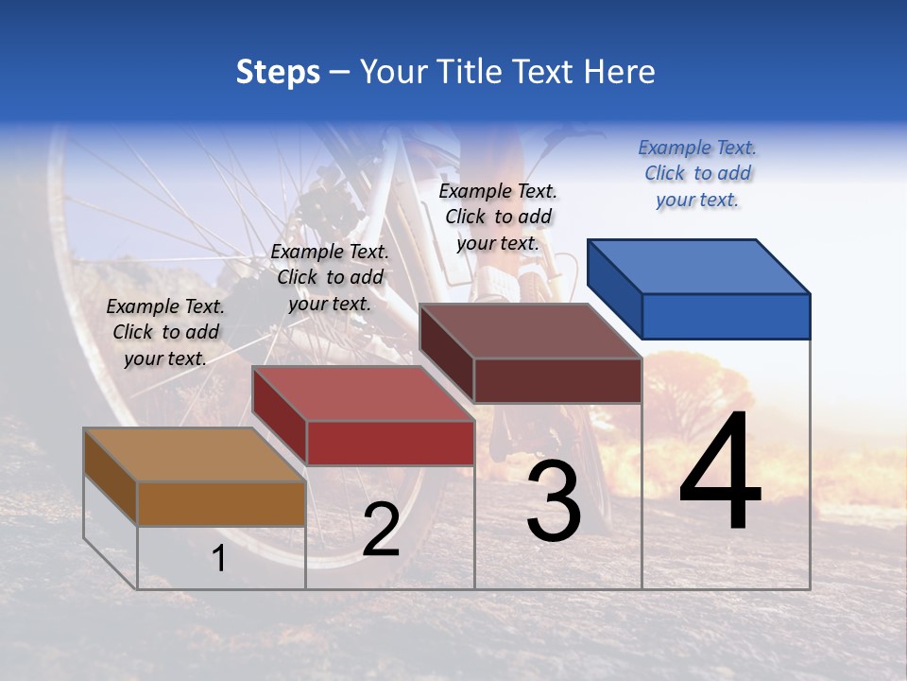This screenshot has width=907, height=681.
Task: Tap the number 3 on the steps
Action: [x=554, y=502]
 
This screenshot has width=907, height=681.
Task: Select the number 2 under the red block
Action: [x=381, y=530]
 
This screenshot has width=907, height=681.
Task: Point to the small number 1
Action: [x=219, y=558]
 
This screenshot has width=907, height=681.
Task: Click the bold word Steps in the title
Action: [x=278, y=72]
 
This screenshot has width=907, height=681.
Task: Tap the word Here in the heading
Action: [x=619, y=72]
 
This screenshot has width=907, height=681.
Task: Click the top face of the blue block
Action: [x=699, y=267]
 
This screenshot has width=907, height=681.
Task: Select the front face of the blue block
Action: [x=726, y=316]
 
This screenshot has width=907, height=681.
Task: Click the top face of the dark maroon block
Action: [x=531, y=331]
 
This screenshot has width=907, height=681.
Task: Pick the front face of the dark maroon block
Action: [x=557, y=380]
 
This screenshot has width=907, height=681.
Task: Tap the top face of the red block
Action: [x=363, y=393]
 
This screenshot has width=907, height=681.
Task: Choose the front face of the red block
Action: [x=390, y=443]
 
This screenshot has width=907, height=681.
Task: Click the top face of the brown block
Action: [x=195, y=455]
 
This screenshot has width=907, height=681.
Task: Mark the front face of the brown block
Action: [x=221, y=503]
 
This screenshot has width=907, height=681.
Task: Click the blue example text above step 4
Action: [x=697, y=174]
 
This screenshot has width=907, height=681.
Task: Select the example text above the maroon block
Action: [x=498, y=218]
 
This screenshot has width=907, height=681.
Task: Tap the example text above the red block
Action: [x=330, y=278]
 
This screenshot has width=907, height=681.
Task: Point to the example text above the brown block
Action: [x=165, y=333]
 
